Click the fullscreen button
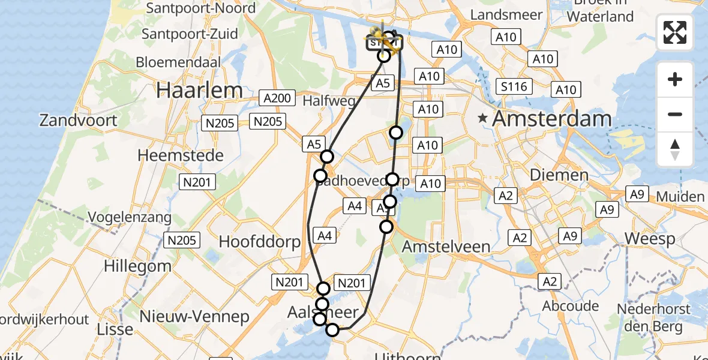point(675,32)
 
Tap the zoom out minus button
point(675,114)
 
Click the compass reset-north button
point(675,149)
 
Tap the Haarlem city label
point(199,90)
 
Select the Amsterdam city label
point(551,119)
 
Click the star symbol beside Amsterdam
point(482,119)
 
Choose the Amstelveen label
point(446,246)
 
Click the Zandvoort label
point(79,120)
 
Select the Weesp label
point(650,238)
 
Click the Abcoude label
point(570,306)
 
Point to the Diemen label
point(550,175)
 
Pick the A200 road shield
point(277,98)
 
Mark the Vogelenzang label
point(129,217)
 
